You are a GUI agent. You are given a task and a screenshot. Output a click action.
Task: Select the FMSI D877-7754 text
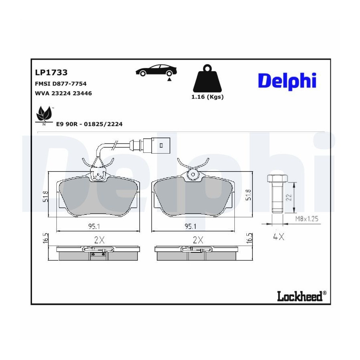click(x=61, y=84)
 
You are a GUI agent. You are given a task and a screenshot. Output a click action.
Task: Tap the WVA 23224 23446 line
click(x=64, y=94)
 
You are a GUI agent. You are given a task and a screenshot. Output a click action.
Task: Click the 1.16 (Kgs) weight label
click(x=207, y=97)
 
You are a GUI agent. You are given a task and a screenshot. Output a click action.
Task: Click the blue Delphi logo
click(x=287, y=80)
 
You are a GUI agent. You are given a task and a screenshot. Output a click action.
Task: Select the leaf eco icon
click(x=44, y=114)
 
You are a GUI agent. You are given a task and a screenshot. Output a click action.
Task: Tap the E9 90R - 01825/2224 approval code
click(x=89, y=124)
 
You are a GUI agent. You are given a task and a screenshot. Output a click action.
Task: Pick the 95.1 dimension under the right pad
click(x=190, y=226)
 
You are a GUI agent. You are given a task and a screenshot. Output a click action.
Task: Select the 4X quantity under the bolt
click(x=278, y=237)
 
